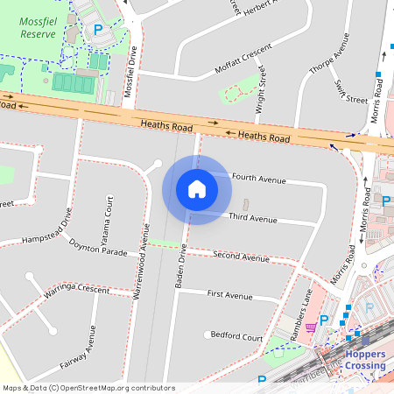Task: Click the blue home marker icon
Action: pos(197,188)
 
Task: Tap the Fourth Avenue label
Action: pos(259,179)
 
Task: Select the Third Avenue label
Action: pos(252,217)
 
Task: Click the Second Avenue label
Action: pos(241,258)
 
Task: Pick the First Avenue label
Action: pos(229,296)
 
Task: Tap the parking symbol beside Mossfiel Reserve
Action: pos(98,30)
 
